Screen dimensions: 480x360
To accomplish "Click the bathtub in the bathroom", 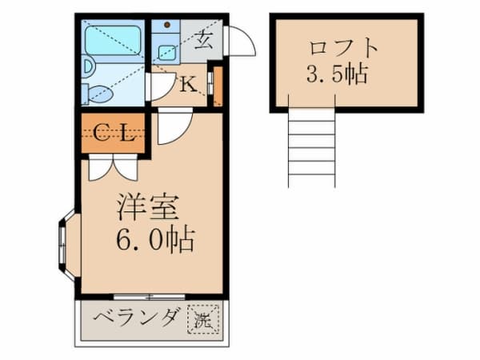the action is [113, 41].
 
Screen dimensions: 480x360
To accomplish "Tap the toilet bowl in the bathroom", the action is [98, 93].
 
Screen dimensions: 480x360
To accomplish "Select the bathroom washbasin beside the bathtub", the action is [88, 66].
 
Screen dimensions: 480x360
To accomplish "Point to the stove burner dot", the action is [167, 25].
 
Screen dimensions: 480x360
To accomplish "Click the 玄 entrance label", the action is [203, 40].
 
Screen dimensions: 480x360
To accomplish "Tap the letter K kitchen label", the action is [188, 84].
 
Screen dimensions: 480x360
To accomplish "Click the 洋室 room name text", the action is [148, 207].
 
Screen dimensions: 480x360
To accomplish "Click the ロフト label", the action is [343, 48].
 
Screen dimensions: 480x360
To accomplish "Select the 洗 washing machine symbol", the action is [203, 319].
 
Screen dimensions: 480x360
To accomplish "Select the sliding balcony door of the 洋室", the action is [149, 296].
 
